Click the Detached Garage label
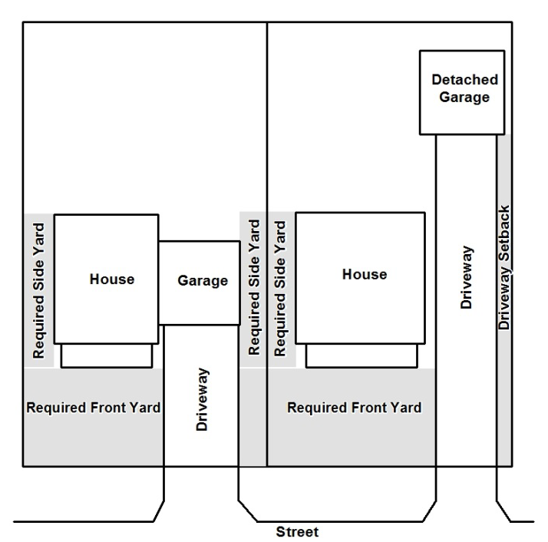click(x=464, y=89)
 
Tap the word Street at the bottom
click(x=297, y=532)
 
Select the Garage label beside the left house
click(x=203, y=281)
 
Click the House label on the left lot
click(x=112, y=279)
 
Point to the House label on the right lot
click(x=365, y=275)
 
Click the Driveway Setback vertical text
click(x=504, y=267)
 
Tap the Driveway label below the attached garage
click(x=203, y=399)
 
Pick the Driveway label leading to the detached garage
click(x=467, y=277)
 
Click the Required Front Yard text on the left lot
click(x=94, y=408)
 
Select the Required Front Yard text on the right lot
click(x=354, y=408)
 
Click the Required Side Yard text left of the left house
click(x=39, y=291)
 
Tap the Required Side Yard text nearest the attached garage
click(x=254, y=287)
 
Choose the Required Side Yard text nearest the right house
click(x=280, y=289)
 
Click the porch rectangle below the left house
click(x=107, y=355)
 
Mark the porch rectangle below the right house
click(x=361, y=355)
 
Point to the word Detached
click(x=465, y=80)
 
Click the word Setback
click(x=504, y=233)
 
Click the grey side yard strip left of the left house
click(x=39, y=291)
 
